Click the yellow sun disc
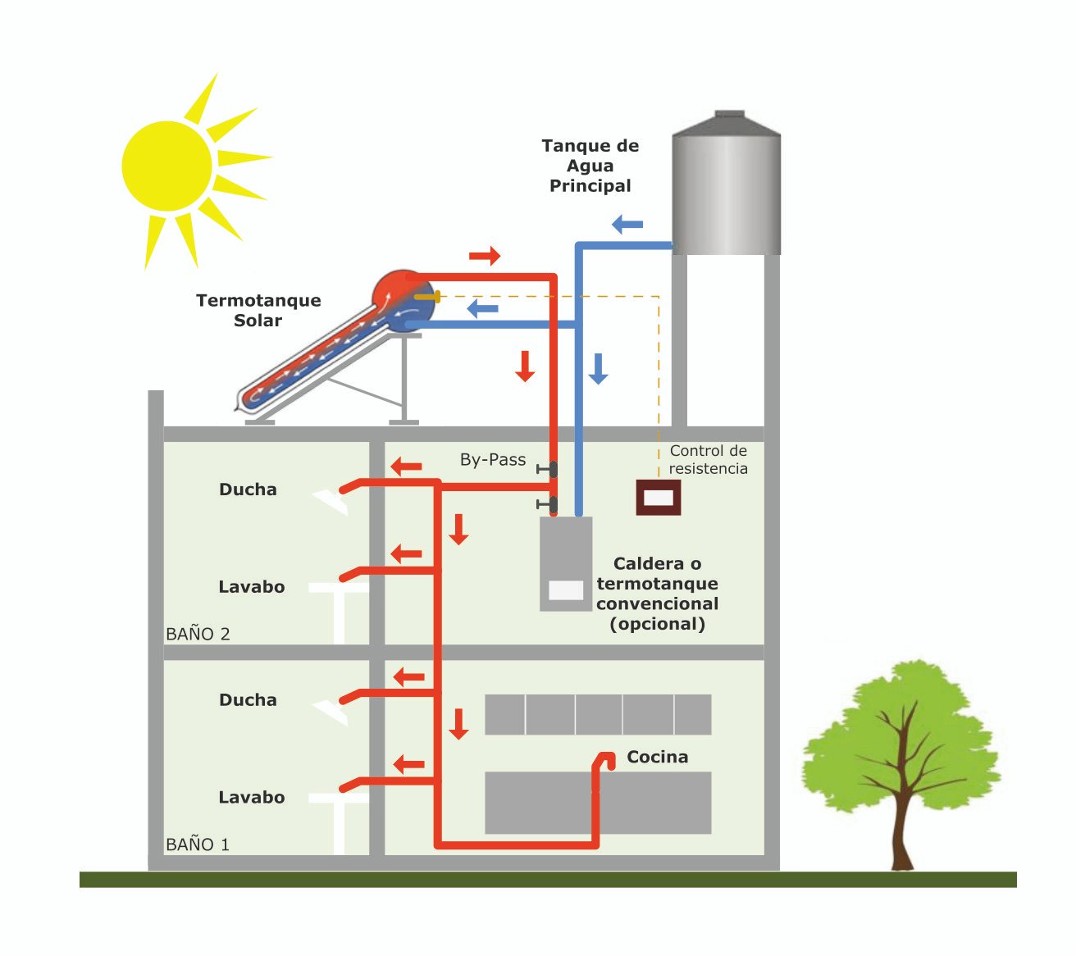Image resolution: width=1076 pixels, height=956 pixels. point(166,166)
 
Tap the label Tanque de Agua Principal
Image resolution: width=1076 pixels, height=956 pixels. point(590,166)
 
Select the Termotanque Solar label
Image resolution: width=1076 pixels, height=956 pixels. point(258,310)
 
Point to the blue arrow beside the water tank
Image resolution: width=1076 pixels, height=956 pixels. point(627,224)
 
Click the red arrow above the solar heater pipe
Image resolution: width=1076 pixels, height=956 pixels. point(484,256)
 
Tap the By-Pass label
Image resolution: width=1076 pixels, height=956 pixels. point(493,460)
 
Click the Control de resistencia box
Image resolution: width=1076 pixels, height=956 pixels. point(659,498)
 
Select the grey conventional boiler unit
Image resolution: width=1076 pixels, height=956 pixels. point(566,563)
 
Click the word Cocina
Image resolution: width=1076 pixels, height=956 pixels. point(657,757)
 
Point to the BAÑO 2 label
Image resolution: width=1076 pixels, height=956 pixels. point(198,634)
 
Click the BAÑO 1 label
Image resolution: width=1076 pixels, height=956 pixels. point(198,844)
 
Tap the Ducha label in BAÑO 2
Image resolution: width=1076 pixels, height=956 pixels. point(248,489)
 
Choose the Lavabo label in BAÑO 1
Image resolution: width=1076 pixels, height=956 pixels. point(251,797)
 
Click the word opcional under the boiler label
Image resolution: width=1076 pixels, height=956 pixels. point(657,624)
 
